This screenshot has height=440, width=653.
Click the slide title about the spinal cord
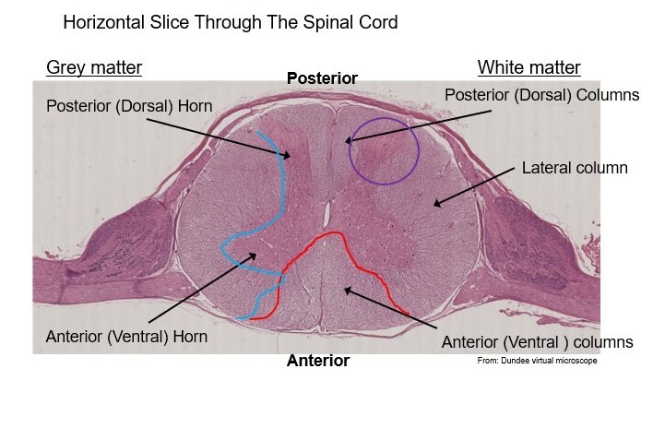(x=231, y=22)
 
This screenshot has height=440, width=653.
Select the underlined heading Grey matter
(x=94, y=67)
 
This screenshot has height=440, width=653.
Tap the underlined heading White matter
(x=528, y=67)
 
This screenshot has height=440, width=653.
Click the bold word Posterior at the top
(x=322, y=78)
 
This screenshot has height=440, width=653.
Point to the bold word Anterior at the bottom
(x=318, y=361)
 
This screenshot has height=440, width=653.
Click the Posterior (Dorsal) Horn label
(x=129, y=107)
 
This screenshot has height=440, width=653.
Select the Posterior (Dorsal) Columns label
(x=541, y=95)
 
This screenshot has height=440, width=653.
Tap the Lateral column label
(x=574, y=168)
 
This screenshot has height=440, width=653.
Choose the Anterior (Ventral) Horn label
(x=126, y=337)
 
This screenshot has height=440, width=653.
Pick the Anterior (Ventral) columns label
(x=537, y=342)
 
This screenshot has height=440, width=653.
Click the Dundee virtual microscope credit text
(x=537, y=361)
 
